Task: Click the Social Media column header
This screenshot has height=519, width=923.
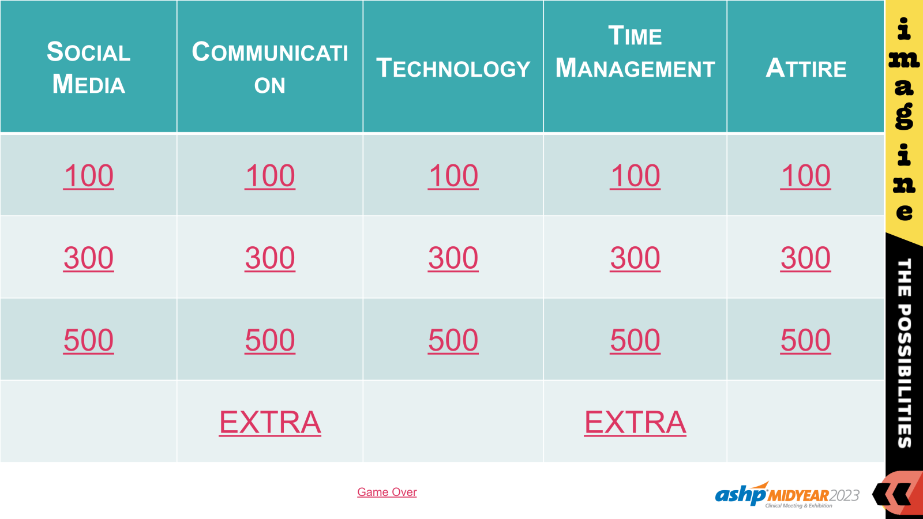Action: click(88, 67)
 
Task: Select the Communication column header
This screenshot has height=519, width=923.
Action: click(270, 67)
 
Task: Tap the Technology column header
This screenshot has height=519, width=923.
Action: click(453, 68)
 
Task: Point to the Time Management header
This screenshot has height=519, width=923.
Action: click(635, 52)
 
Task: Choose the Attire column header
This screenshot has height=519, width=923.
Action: click(806, 68)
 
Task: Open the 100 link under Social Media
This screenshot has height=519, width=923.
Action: click(88, 176)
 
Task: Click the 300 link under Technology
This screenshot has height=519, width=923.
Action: click(453, 258)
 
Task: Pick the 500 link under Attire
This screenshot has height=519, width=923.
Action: click(805, 340)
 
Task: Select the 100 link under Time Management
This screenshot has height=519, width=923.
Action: click(635, 176)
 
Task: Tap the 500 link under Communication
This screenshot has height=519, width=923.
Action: click(270, 340)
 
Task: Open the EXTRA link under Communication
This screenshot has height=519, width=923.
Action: click(270, 423)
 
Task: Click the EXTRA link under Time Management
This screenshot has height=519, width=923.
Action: click(635, 423)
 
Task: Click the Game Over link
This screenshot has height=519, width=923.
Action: click(387, 492)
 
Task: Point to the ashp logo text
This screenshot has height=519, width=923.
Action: click(740, 495)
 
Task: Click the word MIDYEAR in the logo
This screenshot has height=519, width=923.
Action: click(798, 496)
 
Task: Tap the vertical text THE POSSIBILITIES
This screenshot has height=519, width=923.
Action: click(904, 353)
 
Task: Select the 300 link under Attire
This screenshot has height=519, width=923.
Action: click(805, 258)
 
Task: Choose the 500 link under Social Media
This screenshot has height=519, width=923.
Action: click(88, 340)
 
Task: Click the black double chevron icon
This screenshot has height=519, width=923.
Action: click(891, 494)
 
